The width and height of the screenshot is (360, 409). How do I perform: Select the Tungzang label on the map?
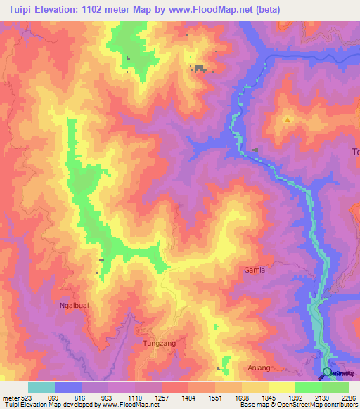159,343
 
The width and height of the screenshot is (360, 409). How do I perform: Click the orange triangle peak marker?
287,120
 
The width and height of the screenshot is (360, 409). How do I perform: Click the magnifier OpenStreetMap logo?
327,372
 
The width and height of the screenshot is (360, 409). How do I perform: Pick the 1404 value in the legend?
189,398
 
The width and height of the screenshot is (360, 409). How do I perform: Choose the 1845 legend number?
269,398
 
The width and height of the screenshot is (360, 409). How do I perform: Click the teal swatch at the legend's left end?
41,387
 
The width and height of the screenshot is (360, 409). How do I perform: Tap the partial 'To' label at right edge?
355,152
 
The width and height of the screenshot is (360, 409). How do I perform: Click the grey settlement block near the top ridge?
200,68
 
